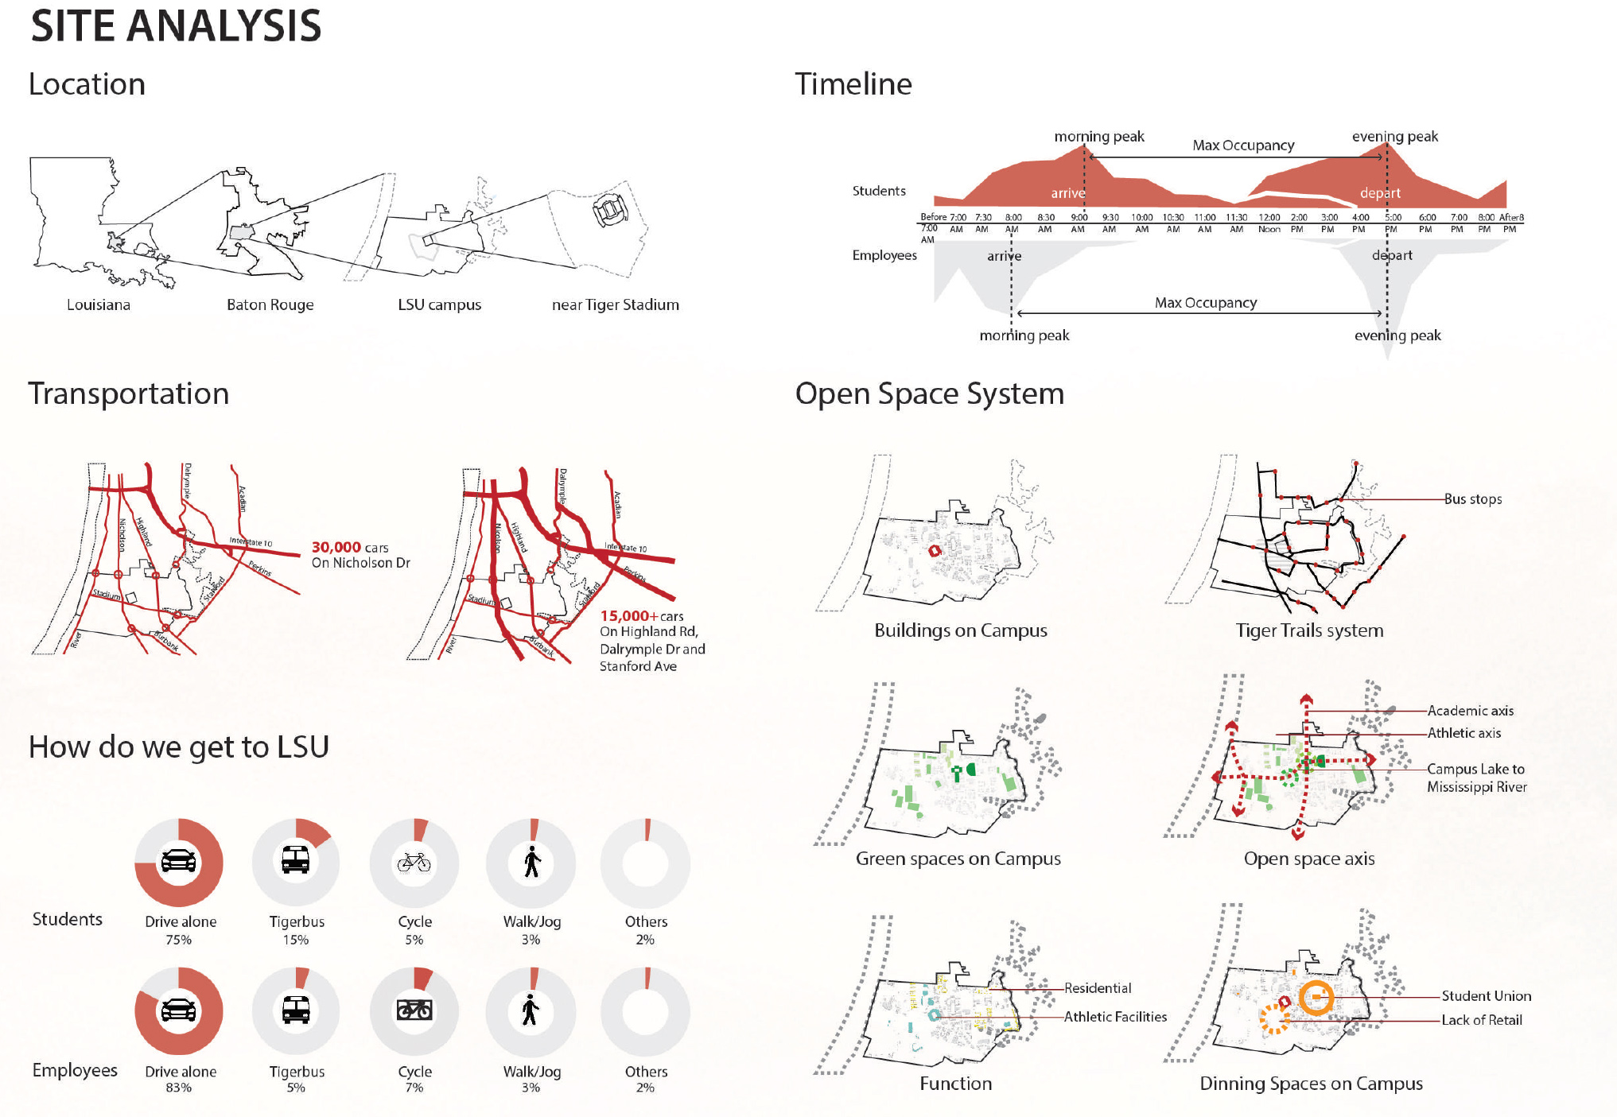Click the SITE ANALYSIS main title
coord(176,25)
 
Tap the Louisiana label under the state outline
coord(99,304)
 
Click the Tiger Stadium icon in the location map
coord(610,211)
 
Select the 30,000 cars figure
coord(336,547)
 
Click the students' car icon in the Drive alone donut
coord(178,861)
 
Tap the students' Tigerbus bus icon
coord(295,859)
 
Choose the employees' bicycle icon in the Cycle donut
coord(414,1010)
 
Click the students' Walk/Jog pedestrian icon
coord(532,862)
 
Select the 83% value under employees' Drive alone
coord(178,1088)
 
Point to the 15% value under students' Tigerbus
coord(296,940)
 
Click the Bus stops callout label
coord(1473,499)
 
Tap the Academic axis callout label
coord(1470,711)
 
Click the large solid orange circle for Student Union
coord(1316,998)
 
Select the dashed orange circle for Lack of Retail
coord(1274,1018)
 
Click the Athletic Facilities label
coord(1115,1017)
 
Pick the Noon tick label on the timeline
coord(1269,230)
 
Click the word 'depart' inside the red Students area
coord(1380,193)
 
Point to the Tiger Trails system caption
coord(1309,630)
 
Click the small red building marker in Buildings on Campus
coord(935,550)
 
